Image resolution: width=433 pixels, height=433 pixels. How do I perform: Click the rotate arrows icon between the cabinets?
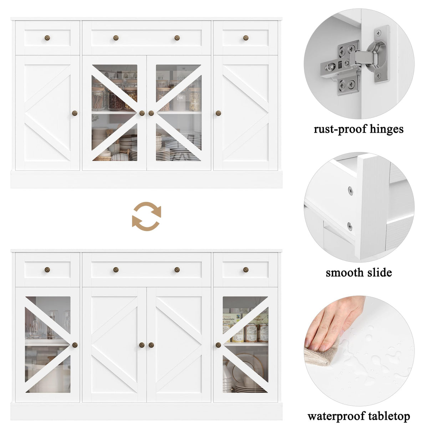(x=147, y=216)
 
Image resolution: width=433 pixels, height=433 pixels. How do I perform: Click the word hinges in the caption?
(x=387, y=129)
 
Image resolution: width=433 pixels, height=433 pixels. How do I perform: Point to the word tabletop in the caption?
(x=389, y=416)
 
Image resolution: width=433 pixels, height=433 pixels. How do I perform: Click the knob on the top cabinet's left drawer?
(x=47, y=38)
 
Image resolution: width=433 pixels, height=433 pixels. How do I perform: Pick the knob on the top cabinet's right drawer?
(x=246, y=38)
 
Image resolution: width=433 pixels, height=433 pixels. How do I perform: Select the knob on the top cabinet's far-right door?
(x=218, y=113)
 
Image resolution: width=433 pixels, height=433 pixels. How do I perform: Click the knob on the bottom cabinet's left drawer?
(x=47, y=270)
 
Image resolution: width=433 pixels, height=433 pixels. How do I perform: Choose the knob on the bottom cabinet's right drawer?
(x=246, y=270)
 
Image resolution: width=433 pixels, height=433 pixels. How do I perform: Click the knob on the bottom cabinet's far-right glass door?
(x=218, y=345)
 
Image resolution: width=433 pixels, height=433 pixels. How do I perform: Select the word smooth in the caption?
(x=343, y=272)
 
